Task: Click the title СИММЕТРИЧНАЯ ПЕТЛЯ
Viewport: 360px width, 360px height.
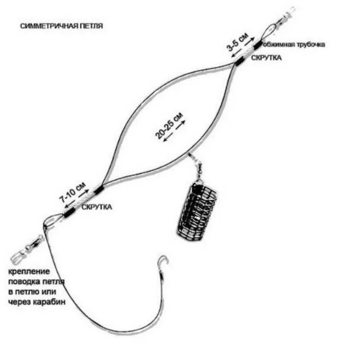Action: click(x=62, y=26)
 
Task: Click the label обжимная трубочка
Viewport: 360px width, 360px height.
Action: click(x=294, y=44)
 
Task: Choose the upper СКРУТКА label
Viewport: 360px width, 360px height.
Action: click(x=267, y=58)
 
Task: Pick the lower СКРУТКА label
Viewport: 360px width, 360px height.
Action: click(x=97, y=207)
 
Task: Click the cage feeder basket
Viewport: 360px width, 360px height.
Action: click(x=197, y=208)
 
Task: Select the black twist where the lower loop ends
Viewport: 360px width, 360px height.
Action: click(x=98, y=190)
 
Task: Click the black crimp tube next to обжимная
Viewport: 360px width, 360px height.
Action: click(x=259, y=43)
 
